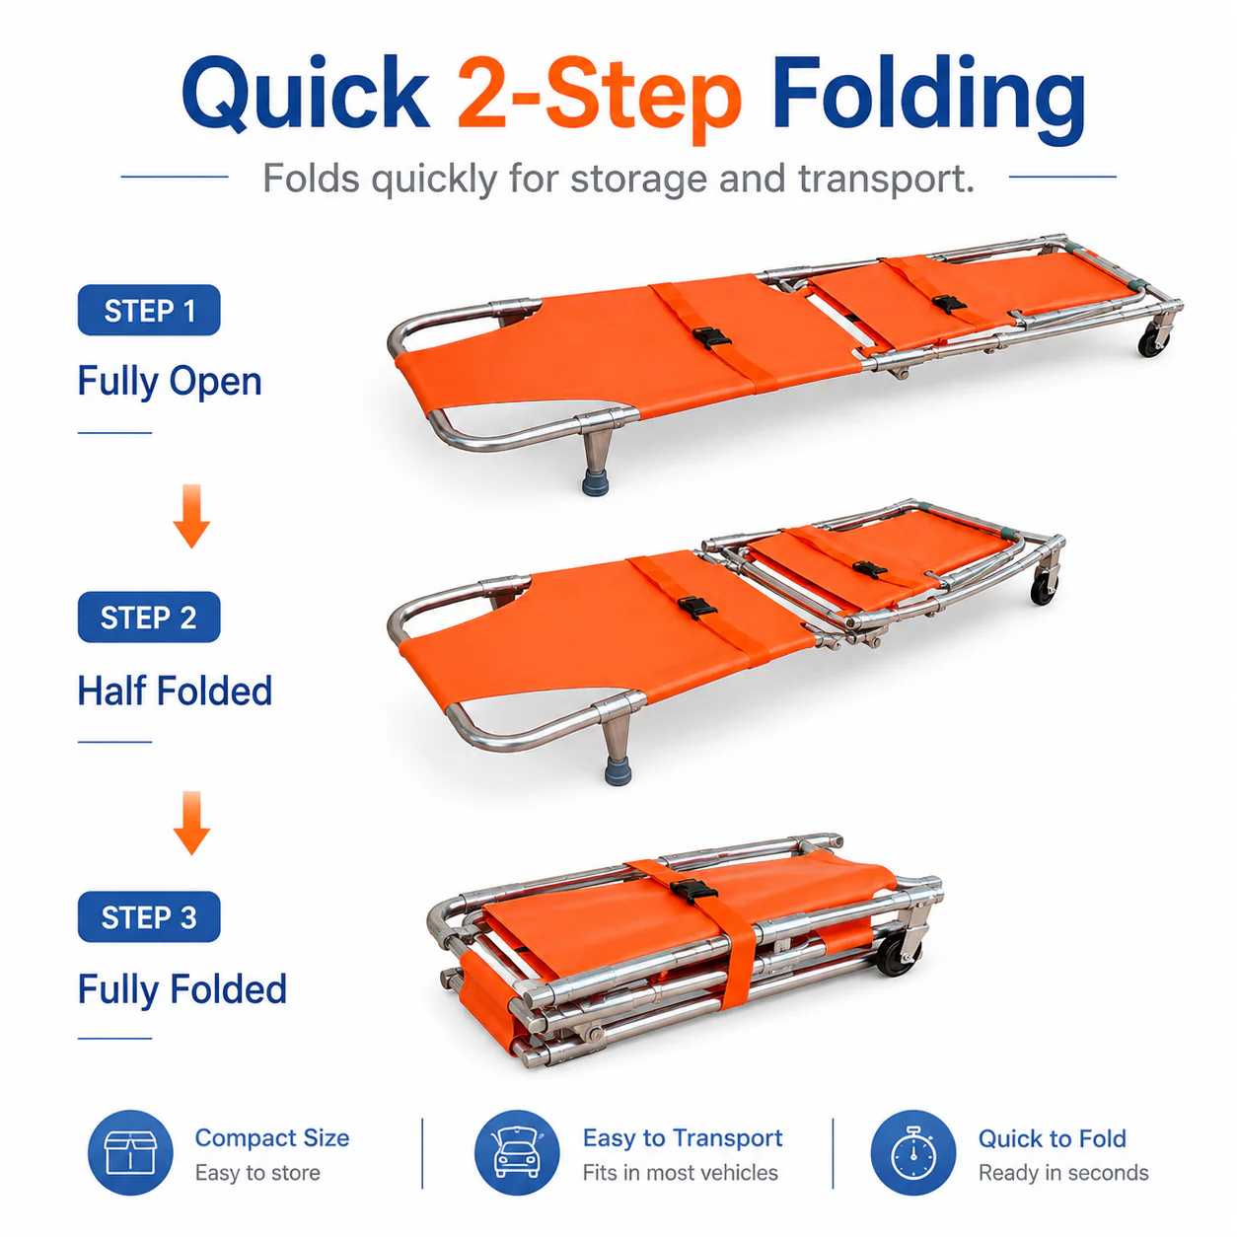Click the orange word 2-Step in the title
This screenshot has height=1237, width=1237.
tap(599, 99)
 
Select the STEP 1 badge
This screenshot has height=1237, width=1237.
tap(149, 310)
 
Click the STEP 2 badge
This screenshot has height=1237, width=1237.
tap(149, 617)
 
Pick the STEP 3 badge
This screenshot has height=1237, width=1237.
tap(149, 916)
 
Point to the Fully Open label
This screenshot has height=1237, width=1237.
tap(170, 383)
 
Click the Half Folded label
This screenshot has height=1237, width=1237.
tap(175, 691)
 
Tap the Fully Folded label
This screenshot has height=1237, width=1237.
tap(182, 989)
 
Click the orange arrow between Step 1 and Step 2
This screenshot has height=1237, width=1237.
tap(192, 516)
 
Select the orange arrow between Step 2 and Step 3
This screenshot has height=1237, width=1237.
tap(192, 823)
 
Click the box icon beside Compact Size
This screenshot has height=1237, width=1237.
tap(130, 1152)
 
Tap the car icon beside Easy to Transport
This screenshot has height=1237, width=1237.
tap(517, 1152)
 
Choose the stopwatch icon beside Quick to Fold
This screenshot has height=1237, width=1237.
tap(912, 1152)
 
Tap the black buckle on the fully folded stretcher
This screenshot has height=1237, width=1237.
tap(693, 891)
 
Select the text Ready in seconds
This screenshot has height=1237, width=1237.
tap(1063, 1173)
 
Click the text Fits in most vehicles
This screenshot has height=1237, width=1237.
tap(680, 1172)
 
